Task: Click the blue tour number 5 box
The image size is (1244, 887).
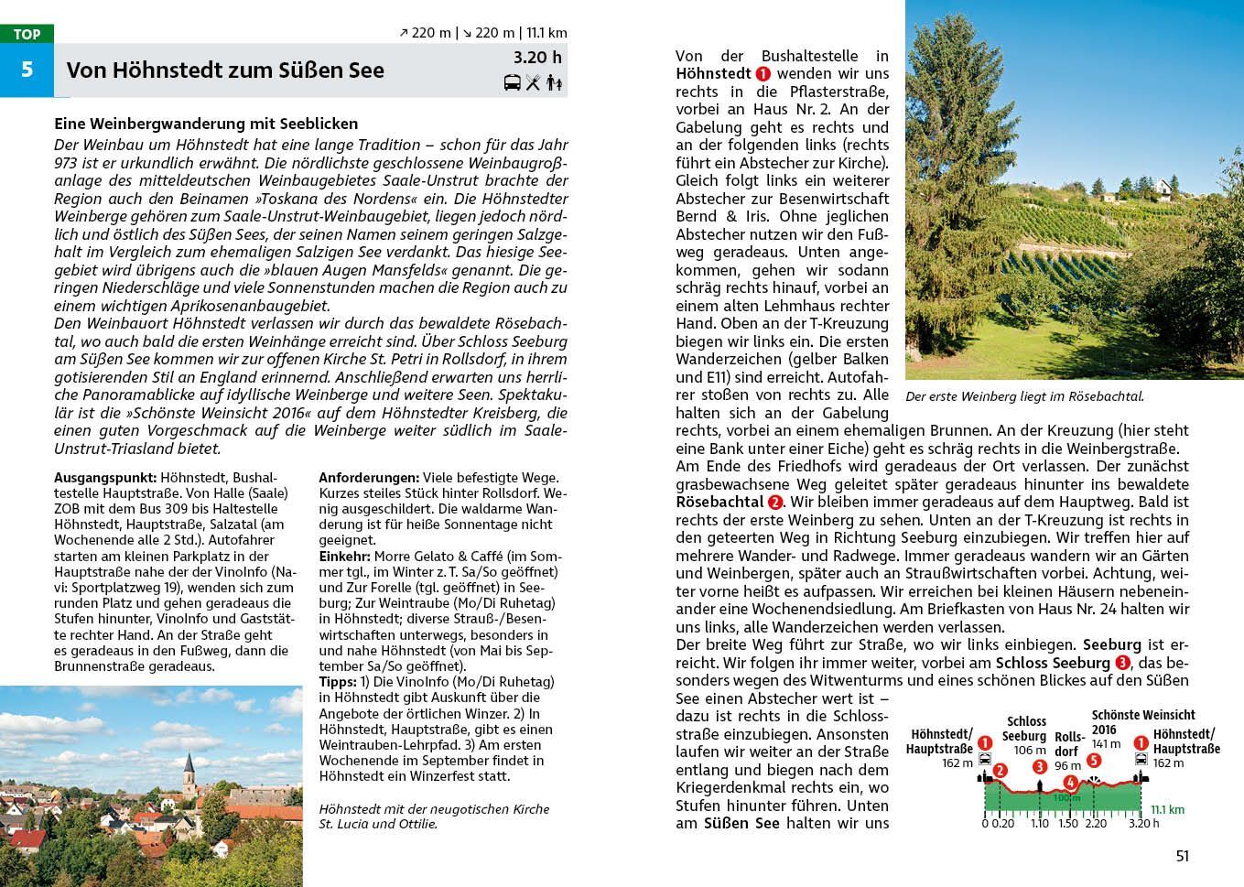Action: pyautogui.click(x=27, y=70)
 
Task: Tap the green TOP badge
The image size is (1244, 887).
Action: pyautogui.click(x=27, y=34)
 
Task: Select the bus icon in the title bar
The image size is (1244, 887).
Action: pyautogui.click(x=513, y=83)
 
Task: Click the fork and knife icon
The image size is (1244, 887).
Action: pyautogui.click(x=533, y=83)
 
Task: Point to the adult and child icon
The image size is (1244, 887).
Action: pyautogui.click(x=554, y=83)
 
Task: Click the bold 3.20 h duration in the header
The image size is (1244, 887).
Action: pyautogui.click(x=537, y=58)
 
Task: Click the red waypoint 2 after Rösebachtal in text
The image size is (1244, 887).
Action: pyautogui.click(x=775, y=502)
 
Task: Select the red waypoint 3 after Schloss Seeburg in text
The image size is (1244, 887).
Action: pyautogui.click(x=1123, y=663)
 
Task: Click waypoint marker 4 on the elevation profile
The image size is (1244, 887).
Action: pyautogui.click(x=1070, y=783)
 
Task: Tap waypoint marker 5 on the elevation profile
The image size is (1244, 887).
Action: pyautogui.click(x=1093, y=760)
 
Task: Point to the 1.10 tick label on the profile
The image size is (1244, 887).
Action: pyautogui.click(x=1039, y=823)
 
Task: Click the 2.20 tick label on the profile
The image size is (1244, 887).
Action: pyautogui.click(x=1095, y=823)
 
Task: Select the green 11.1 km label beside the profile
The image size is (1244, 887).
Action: pyautogui.click(x=1167, y=810)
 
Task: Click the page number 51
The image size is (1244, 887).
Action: pyautogui.click(x=1182, y=856)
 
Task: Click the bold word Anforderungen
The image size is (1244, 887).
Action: pyautogui.click(x=369, y=478)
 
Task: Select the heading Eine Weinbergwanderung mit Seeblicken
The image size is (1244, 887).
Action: pyautogui.click(x=206, y=124)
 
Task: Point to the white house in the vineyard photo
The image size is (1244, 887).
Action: pyautogui.click(x=1163, y=190)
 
